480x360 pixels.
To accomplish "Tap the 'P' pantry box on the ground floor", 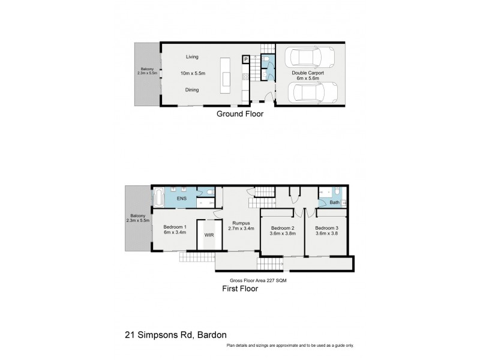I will (x=245, y=59).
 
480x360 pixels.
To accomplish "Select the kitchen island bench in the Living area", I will (x=227, y=73).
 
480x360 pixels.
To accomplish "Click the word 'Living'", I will (x=192, y=57).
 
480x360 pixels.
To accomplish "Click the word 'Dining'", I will (x=192, y=90).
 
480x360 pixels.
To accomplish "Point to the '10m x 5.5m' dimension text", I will (x=193, y=73).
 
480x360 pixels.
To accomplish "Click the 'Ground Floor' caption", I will (x=240, y=113).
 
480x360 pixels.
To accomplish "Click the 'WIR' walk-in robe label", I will (x=209, y=235).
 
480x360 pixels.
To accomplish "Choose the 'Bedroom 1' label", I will (x=175, y=227).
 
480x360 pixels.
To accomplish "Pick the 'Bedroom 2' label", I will (x=282, y=228).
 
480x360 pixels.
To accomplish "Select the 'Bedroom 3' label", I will (x=327, y=228).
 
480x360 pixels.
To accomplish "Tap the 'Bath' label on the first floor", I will (x=334, y=203).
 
